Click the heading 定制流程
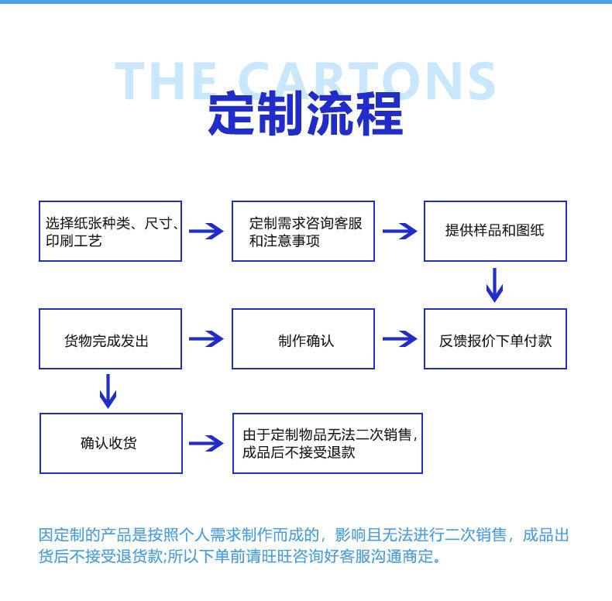(x=305, y=114)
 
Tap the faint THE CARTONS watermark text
(x=304, y=81)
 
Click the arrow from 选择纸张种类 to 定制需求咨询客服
(x=206, y=232)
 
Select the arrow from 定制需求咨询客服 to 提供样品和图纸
(x=400, y=232)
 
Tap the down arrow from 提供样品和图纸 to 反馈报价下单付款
(x=494, y=285)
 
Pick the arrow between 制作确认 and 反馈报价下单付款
(x=400, y=338)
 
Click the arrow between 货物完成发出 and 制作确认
(x=206, y=338)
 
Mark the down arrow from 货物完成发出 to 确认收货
(x=108, y=391)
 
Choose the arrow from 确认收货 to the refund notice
(x=206, y=443)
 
